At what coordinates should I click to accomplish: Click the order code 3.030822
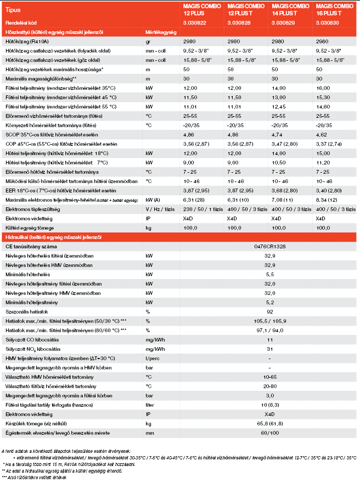(194, 23)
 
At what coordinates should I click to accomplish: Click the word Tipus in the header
(13, 10)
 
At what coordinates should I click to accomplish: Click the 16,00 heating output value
(323, 88)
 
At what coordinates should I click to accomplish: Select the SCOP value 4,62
(321, 134)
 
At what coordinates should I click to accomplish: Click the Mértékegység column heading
(161, 32)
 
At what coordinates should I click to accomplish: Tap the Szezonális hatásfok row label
(25, 311)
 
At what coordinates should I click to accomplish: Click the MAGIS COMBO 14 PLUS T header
(288, 9)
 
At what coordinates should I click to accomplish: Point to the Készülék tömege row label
(33, 423)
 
